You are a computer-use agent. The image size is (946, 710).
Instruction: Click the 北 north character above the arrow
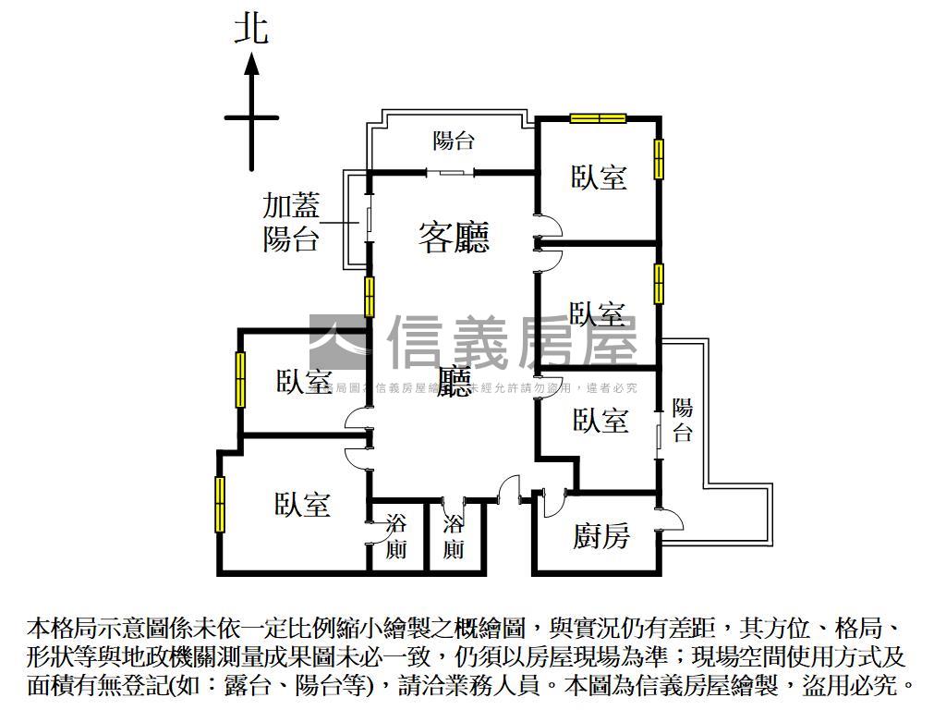tap(250, 28)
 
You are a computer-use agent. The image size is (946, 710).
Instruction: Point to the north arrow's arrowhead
tap(250, 64)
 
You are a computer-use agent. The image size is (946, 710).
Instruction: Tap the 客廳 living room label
tap(454, 238)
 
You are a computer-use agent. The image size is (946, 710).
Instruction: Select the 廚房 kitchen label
tap(601, 535)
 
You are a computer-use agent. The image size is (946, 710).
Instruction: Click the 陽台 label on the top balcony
tap(454, 141)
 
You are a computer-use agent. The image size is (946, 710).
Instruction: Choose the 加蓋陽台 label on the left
tap(291, 223)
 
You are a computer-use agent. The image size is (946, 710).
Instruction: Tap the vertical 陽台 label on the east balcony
tap(683, 421)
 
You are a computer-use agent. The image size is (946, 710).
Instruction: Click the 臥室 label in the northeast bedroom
tap(600, 177)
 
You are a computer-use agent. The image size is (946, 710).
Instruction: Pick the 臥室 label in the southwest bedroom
tap(303, 505)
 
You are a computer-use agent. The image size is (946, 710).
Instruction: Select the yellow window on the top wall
tap(598, 117)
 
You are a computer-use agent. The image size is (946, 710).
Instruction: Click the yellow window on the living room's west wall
tap(369, 297)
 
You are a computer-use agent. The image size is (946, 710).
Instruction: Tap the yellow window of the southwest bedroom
tap(221, 503)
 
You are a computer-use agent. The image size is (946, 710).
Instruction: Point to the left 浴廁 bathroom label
tap(396, 536)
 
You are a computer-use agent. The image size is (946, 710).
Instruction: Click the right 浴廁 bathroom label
tap(454, 537)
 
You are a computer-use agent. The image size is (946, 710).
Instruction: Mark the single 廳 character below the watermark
tap(454, 381)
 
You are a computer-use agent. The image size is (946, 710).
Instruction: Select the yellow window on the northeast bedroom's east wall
tap(659, 159)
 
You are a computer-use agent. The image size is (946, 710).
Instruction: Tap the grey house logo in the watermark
tap(339, 342)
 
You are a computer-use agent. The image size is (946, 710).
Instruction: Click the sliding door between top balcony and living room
tap(451, 172)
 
